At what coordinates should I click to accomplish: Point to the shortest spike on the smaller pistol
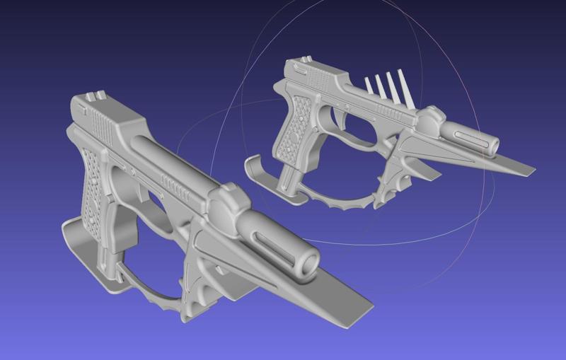pos(369,86)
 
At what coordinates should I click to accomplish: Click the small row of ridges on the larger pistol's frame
pos(173,185)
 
